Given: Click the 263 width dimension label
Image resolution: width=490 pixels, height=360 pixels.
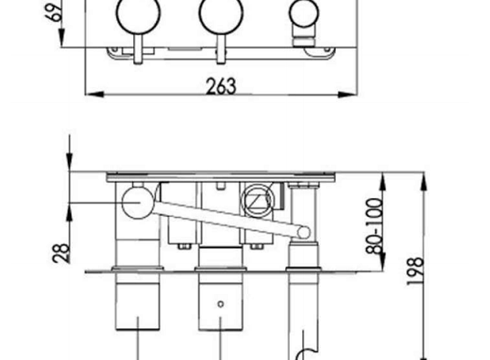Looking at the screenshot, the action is tap(221, 86).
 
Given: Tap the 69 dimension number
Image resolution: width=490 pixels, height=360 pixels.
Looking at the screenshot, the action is tap(55, 12).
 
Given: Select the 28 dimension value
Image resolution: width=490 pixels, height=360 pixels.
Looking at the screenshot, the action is tap(61, 253).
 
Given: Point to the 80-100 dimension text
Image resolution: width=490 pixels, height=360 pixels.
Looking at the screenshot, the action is tap(374, 225).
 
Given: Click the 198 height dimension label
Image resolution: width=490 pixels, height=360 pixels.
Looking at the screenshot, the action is tap(416, 271).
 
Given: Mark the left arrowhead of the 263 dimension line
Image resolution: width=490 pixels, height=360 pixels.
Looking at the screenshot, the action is tap(95, 94).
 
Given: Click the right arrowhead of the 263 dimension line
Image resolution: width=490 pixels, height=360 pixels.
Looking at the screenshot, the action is tap(348, 94).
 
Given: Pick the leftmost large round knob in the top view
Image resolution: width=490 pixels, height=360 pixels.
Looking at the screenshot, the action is tap(138, 13).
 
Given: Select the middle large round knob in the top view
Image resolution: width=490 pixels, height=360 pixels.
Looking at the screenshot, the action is tap(221, 13).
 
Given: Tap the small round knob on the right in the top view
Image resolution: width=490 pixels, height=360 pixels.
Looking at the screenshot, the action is tap(304, 13).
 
